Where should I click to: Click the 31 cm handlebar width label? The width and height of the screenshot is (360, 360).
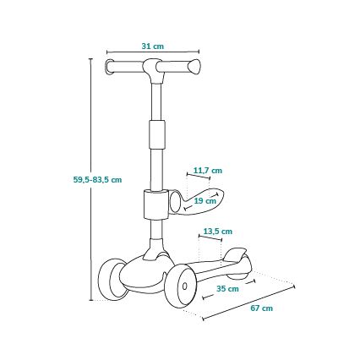pos(153,46)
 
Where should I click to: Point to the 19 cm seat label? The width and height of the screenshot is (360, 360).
pos(204,201)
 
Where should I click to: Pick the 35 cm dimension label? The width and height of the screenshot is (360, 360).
pos(226,289)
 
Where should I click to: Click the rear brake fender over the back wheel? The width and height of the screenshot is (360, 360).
pos(237,256)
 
